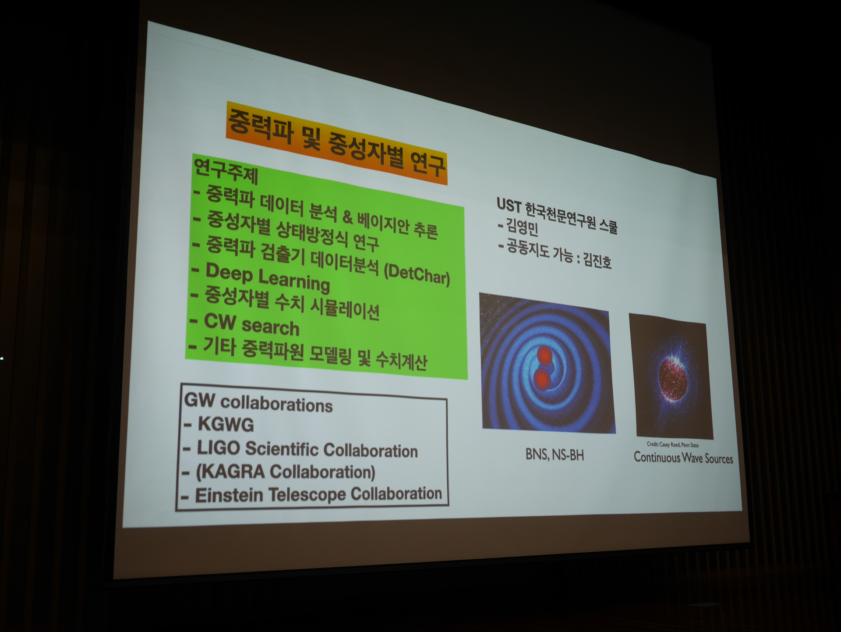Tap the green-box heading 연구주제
(x=226, y=171)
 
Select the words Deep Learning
(x=268, y=277)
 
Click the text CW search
(x=252, y=325)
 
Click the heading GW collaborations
(x=258, y=402)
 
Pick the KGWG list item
(x=226, y=424)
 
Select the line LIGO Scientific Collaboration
(x=307, y=449)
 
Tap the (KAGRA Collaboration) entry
(x=285, y=472)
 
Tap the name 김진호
(x=597, y=261)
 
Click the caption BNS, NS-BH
(x=555, y=455)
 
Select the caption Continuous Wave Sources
(x=683, y=458)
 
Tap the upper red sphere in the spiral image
(x=544, y=355)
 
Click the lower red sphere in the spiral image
(x=542, y=378)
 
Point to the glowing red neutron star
(x=671, y=378)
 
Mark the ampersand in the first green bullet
(x=347, y=217)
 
